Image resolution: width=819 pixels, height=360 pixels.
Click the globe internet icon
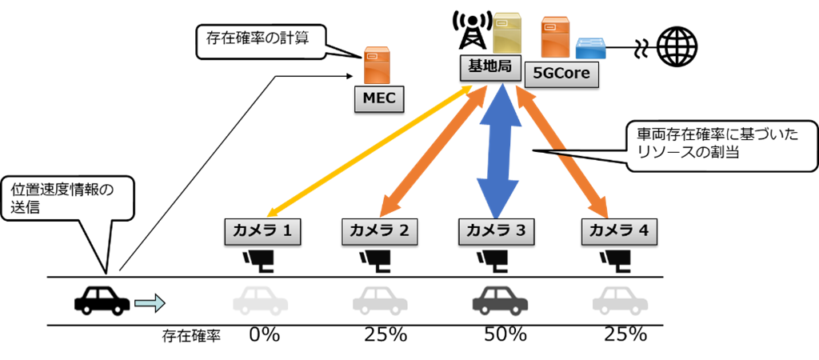(677, 48)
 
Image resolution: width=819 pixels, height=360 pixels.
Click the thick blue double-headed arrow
(500, 150)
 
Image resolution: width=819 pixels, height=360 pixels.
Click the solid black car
(102, 301)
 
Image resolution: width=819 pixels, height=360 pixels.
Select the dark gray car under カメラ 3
(500, 301)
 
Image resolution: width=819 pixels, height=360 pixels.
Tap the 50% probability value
(505, 335)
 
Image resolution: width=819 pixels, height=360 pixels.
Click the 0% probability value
(264, 335)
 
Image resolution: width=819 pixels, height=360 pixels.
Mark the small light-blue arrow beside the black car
(150, 302)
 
